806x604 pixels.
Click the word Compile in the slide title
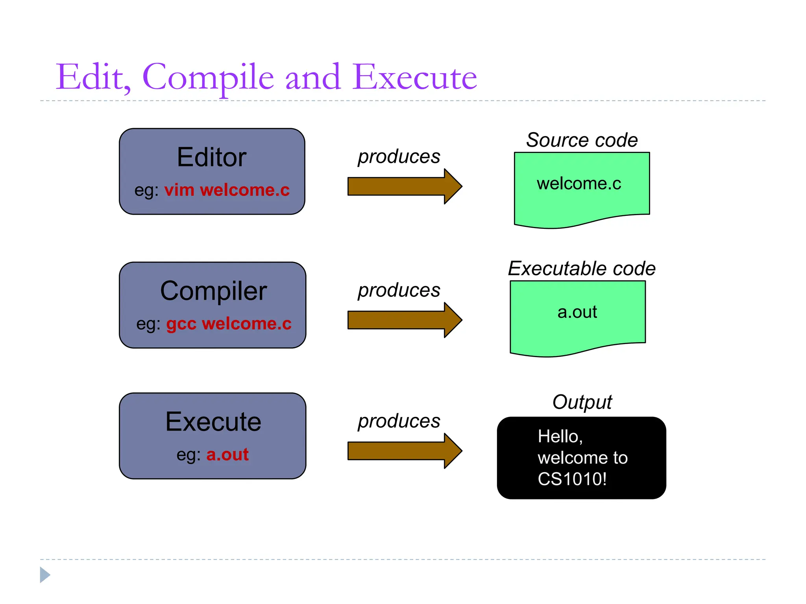click(x=208, y=77)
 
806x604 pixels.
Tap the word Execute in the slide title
click(x=414, y=77)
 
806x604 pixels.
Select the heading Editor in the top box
click(x=212, y=157)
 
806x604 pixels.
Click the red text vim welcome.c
click(x=227, y=190)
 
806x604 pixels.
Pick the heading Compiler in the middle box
click(x=213, y=291)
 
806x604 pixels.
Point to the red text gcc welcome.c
click(x=229, y=324)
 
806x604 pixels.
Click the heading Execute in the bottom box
click(x=213, y=422)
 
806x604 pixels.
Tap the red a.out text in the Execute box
click(x=227, y=455)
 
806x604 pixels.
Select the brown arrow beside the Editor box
click(x=405, y=186)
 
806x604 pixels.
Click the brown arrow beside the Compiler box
click(x=405, y=320)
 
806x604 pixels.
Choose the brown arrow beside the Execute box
click(x=405, y=451)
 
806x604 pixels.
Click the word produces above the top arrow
click(x=399, y=157)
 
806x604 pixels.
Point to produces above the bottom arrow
click(x=399, y=422)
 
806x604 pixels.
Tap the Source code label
click(x=582, y=140)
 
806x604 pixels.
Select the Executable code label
click(x=582, y=269)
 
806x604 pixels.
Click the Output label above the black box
click(x=582, y=402)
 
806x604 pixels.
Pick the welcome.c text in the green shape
click(x=579, y=184)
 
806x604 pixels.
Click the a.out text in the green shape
click(x=577, y=312)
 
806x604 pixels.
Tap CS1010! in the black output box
click(x=572, y=479)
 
